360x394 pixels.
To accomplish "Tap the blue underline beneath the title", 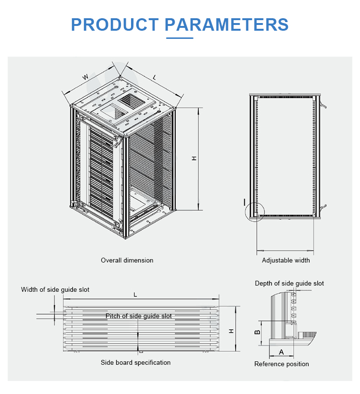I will pyautogui.click(x=180, y=38).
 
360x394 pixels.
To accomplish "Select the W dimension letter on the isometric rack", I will pyautogui.click(x=85, y=77).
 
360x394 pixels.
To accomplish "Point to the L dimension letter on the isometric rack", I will pyautogui.click(x=154, y=77).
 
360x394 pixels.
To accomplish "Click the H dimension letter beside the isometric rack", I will pyautogui.click(x=194, y=158).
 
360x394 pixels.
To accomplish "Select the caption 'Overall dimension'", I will pyautogui.click(x=127, y=260).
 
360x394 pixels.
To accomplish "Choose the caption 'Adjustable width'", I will pyautogui.click(x=286, y=260).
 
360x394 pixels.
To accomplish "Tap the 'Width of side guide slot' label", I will pyautogui.click(x=55, y=289).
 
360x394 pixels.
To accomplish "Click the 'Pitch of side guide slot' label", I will pyautogui.click(x=139, y=316).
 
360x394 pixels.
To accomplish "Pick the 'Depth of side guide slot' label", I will pyautogui.click(x=289, y=283).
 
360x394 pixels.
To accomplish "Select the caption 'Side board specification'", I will pyautogui.click(x=135, y=362).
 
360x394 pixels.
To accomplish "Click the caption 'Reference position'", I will pyautogui.click(x=281, y=364).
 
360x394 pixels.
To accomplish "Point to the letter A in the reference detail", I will pyautogui.click(x=281, y=352).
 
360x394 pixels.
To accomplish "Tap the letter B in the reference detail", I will pyautogui.click(x=257, y=332).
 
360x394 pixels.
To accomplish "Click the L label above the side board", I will pyautogui.click(x=135, y=295).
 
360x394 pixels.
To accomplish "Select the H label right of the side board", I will pyautogui.click(x=231, y=331).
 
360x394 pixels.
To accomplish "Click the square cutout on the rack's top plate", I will pyautogui.click(x=131, y=100).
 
